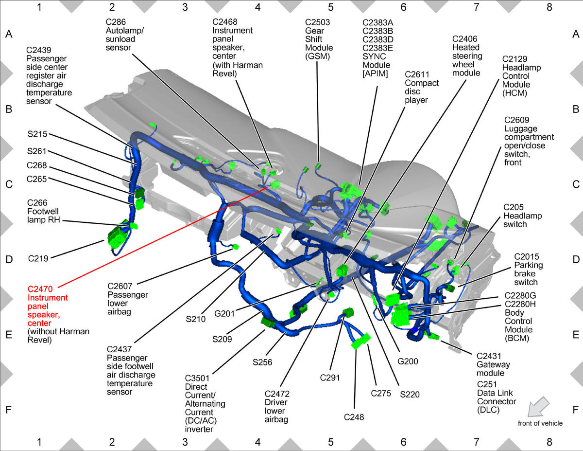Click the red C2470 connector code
click(40, 289)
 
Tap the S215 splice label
click(37, 134)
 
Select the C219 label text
click(38, 258)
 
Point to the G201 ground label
click(224, 313)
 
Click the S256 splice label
click(262, 362)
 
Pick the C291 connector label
click(330, 378)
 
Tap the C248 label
click(354, 417)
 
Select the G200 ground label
click(408, 361)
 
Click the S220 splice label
click(410, 395)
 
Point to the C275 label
click(381, 393)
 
